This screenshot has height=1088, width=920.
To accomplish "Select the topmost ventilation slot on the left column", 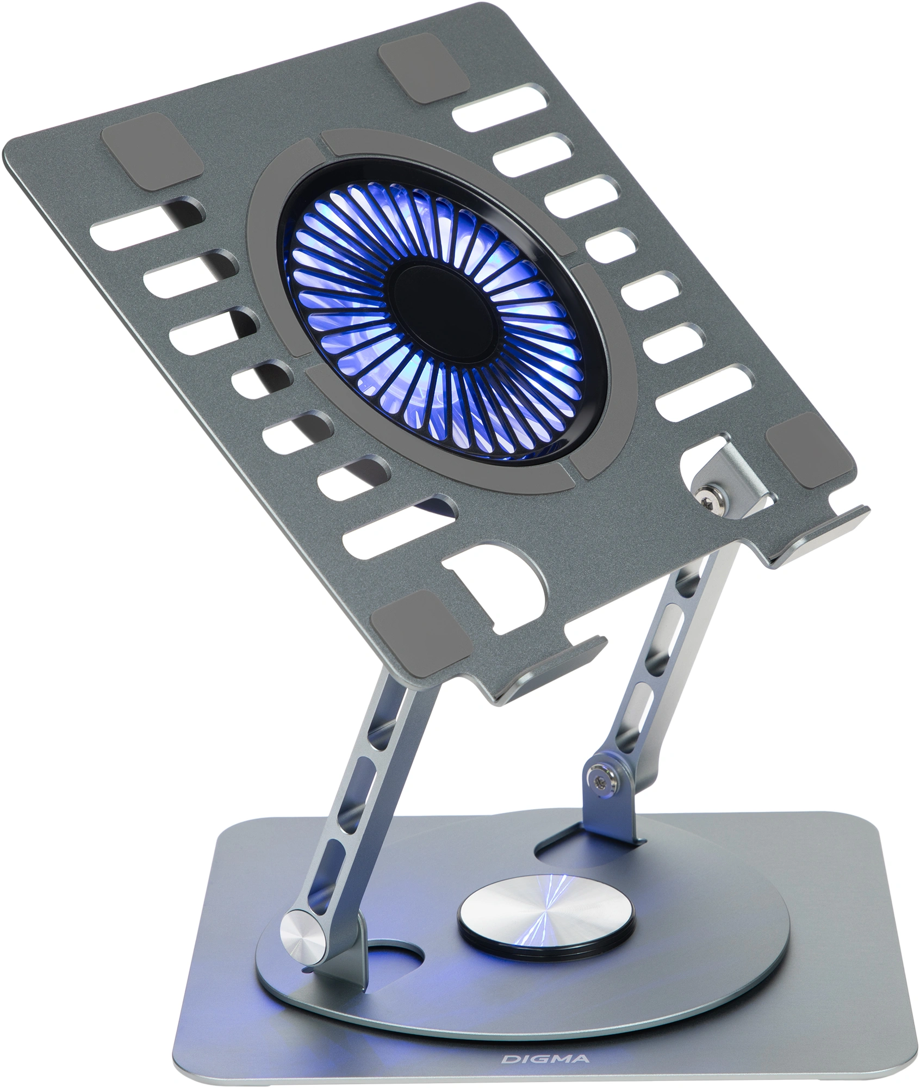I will click(x=147, y=224).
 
